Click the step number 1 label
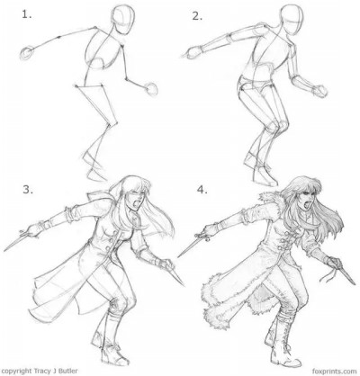coord(26,14)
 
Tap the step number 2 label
coord(197,16)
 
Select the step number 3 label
coord(28,190)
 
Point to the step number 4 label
coord(202,190)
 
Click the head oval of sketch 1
coord(122,17)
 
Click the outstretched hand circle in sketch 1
coord(27,53)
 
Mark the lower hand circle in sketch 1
coord(152,88)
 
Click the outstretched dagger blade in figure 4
coord(187,249)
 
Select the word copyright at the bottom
coord(16,372)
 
